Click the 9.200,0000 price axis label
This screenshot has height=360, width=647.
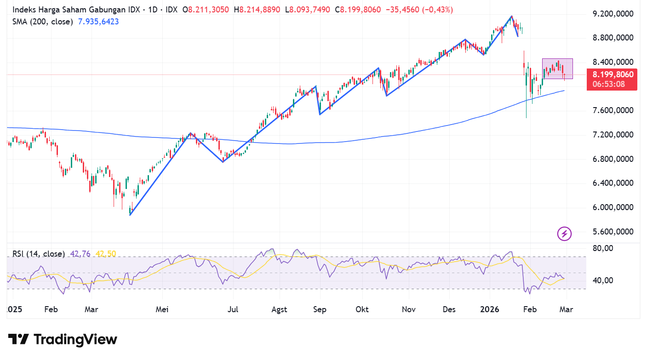613,14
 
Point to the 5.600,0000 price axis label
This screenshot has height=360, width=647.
613,232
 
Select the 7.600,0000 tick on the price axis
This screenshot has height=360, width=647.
613,110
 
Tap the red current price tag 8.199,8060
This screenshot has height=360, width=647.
613,75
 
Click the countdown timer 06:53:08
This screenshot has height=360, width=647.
609,84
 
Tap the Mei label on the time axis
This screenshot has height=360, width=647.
162,309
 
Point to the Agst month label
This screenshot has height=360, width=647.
279,309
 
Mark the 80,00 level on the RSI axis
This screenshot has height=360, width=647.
603,248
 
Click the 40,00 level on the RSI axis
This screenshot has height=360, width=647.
603,280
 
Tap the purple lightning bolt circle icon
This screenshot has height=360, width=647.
564,234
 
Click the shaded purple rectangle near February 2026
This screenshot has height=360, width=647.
557,69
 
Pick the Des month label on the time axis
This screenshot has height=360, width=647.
449,309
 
